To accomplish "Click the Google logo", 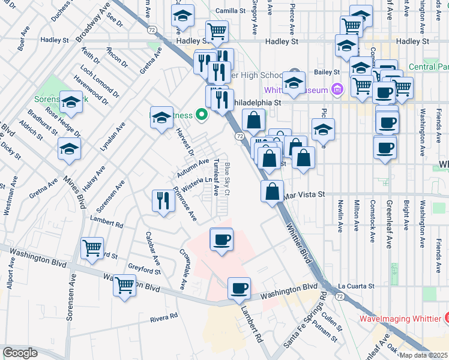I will click(20, 353).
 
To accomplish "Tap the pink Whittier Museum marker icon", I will click(337, 90).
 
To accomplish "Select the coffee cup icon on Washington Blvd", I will click(240, 289).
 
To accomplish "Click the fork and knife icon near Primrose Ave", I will click(162, 200).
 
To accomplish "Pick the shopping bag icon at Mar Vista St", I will click(273, 192).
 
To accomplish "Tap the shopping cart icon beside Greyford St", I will click(124, 286).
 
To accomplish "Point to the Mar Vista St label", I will click(304, 195).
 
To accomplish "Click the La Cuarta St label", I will click(355, 286).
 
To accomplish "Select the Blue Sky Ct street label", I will click(228, 179).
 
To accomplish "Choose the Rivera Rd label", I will click(164, 316).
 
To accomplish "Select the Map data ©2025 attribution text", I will click(424, 355).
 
